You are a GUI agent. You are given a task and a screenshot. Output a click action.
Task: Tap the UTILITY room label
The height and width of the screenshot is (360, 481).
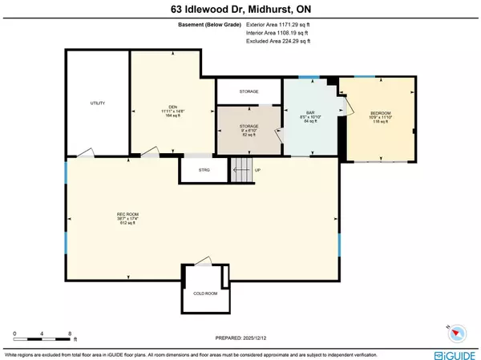(98, 103)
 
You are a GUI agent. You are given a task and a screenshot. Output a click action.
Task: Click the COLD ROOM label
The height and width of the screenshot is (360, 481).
(204, 293)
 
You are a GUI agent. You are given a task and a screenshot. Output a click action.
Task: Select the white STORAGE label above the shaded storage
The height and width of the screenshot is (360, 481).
(249, 92)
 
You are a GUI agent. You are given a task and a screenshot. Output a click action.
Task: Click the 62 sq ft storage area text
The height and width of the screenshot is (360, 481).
(248, 136)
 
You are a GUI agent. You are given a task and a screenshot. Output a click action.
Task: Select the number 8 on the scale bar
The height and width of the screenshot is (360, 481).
(71, 331)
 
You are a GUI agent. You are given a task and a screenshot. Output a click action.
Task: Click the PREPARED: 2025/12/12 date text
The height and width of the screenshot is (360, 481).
(240, 339)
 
